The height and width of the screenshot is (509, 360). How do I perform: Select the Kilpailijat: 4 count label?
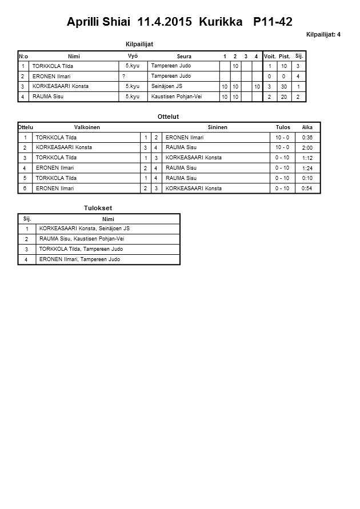[x=323, y=35]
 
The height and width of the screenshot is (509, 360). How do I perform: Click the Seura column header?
[x=184, y=57]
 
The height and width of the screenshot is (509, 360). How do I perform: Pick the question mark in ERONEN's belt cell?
[x=124, y=76]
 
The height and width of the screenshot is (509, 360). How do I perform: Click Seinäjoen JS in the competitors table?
[x=167, y=86]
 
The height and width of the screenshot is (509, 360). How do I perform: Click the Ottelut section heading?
[x=168, y=117]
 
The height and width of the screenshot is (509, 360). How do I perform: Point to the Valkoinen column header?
[x=87, y=127]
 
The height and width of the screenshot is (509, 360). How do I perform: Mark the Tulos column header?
[x=283, y=127]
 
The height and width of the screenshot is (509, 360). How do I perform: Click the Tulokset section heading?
[x=98, y=208]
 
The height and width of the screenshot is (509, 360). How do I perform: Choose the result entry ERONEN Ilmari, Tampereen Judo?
[x=79, y=259]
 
